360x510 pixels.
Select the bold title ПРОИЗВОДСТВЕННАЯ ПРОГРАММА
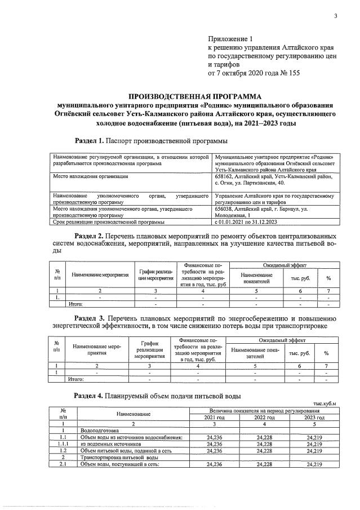(x=191, y=96)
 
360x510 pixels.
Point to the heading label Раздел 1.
(x=90, y=140)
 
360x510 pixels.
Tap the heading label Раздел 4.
(x=90, y=396)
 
